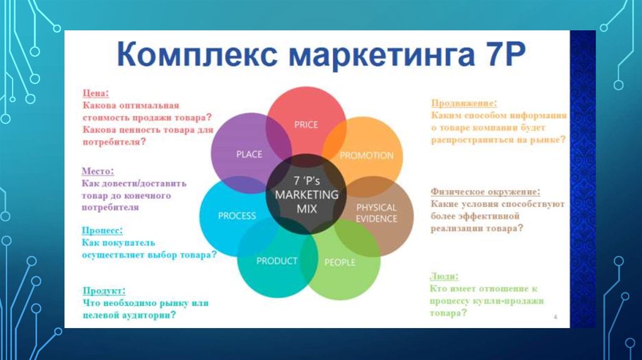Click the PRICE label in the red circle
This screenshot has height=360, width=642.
pyautogui.click(x=306, y=125)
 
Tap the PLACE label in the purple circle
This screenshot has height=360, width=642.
pyautogui.click(x=249, y=154)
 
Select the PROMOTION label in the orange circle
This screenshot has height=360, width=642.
pyautogui.click(x=366, y=156)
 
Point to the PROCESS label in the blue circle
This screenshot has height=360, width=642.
pyautogui.click(x=236, y=216)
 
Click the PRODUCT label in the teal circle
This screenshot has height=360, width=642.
pyautogui.click(x=276, y=261)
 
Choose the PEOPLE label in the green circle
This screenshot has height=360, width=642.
pyautogui.click(x=340, y=262)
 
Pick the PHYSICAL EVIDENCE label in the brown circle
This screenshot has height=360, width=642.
pyautogui.click(x=376, y=213)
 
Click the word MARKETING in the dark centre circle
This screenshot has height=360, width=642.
pyautogui.click(x=307, y=194)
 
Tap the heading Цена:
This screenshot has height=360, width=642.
pyautogui.click(x=96, y=93)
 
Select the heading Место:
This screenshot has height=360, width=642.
pyautogui.click(x=98, y=171)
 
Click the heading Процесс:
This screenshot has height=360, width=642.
pyautogui.click(x=102, y=231)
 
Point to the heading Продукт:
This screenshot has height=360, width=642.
pyautogui.click(x=104, y=291)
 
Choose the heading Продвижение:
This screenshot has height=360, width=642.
pyautogui.click(x=464, y=103)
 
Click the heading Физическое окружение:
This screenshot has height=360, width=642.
pyautogui.click(x=485, y=192)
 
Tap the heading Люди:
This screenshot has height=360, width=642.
pyautogui.click(x=445, y=277)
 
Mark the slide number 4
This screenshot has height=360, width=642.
pyautogui.click(x=555, y=317)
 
